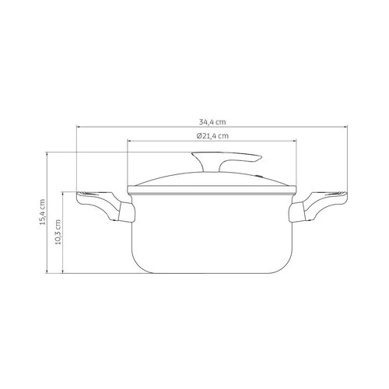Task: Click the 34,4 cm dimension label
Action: click(x=212, y=122)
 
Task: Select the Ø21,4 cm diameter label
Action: click(x=212, y=135)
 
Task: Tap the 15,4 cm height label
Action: click(x=42, y=212)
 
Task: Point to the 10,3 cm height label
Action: click(x=58, y=232)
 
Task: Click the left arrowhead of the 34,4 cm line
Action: click(x=78, y=127)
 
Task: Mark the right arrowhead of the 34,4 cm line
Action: click(x=346, y=127)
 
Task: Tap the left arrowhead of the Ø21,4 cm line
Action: click(x=129, y=141)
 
